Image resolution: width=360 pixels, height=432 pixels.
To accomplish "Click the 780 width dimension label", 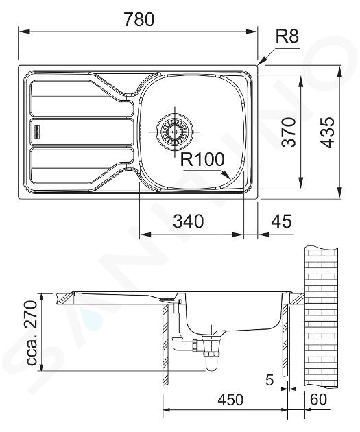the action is click(x=139, y=19).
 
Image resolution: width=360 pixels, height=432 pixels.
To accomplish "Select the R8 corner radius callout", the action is click(x=287, y=36).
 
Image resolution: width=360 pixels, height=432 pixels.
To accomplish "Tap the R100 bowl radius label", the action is click(x=202, y=159).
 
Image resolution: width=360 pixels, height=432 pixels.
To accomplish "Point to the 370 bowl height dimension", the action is click(x=289, y=132).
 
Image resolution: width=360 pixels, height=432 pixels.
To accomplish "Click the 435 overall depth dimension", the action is click(x=327, y=132).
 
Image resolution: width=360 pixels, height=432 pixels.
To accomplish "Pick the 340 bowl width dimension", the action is click(x=189, y=221).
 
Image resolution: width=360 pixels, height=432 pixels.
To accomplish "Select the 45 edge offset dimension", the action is click(x=281, y=221).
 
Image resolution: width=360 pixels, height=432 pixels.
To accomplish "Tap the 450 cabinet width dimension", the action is click(x=230, y=400).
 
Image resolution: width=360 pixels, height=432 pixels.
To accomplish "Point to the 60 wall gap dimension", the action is click(x=318, y=399).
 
